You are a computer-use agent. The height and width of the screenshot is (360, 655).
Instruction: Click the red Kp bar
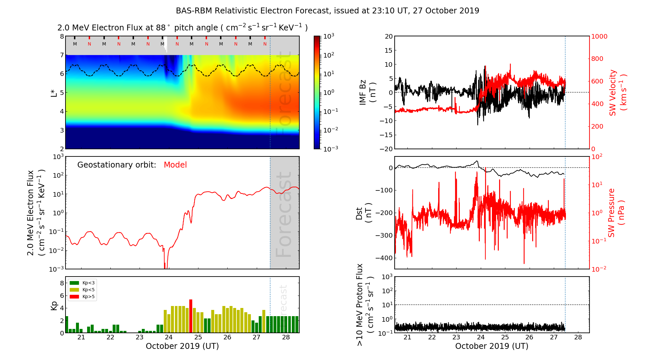(x=191, y=316)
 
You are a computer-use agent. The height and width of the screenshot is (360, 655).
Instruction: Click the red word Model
(x=175, y=165)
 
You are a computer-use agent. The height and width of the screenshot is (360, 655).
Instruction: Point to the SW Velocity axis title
(x=617, y=93)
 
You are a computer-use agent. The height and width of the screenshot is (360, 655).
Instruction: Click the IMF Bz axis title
(x=367, y=93)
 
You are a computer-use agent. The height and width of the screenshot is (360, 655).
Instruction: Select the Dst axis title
(x=363, y=213)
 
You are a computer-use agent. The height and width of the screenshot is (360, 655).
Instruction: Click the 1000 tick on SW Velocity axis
(x=599, y=36)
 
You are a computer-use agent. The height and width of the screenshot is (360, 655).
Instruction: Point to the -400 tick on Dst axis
(x=384, y=258)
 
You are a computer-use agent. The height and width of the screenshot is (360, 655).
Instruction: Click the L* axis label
(x=54, y=93)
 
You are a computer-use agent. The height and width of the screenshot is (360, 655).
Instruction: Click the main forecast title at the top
(x=327, y=11)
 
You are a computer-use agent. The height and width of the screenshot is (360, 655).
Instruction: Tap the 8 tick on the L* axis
(x=62, y=36)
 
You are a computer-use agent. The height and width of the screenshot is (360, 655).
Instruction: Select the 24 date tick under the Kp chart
(x=169, y=337)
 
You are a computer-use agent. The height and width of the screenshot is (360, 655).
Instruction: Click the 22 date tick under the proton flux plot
(x=432, y=337)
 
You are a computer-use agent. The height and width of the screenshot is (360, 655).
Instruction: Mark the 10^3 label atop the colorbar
(x=328, y=36)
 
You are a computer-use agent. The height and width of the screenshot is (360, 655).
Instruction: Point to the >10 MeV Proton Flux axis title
(x=364, y=305)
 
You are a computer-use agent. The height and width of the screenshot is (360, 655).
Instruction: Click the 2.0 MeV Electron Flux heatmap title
(x=182, y=27)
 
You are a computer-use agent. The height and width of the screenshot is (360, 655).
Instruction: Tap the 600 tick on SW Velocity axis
(x=597, y=81)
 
